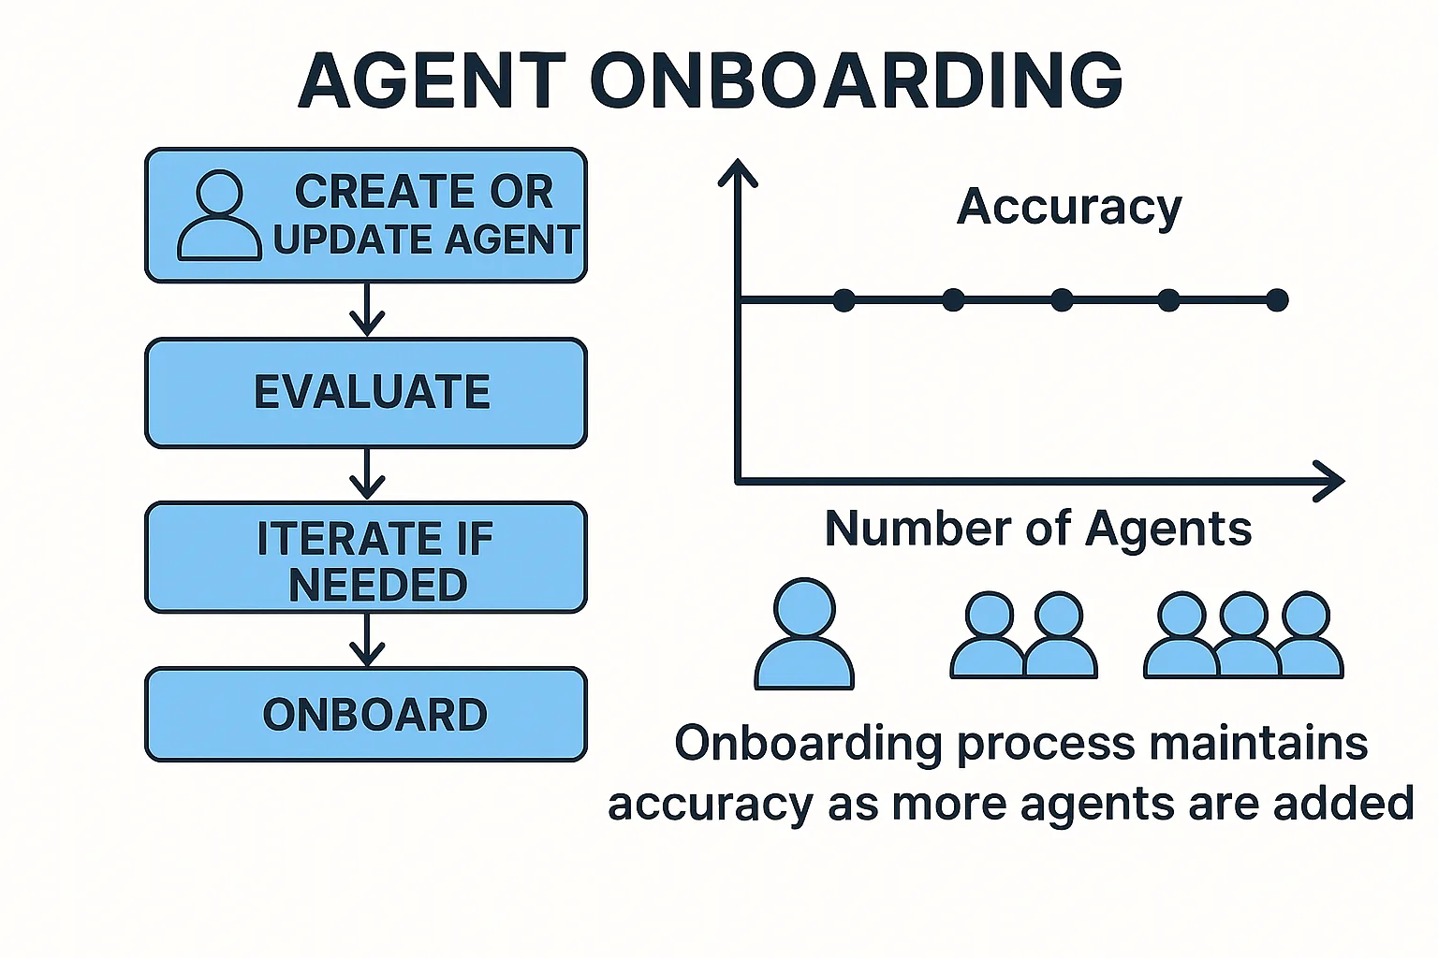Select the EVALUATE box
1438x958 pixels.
coord(366,392)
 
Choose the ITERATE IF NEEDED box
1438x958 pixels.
coord(366,559)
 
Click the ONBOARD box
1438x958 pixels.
coord(366,715)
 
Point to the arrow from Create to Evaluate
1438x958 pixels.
coord(367,310)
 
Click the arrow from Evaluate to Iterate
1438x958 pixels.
coord(367,474)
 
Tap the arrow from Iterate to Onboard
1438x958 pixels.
coord(367,640)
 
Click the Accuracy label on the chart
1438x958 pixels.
coord(1069,207)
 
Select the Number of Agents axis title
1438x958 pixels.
coord(1037,529)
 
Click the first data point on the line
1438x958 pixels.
coord(844,300)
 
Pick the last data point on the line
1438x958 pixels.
coord(1277,300)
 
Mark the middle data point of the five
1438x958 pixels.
coord(1062,300)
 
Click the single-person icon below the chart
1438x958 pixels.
coord(804,634)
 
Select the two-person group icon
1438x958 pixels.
coord(1023,634)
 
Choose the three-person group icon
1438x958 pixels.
coord(1243,634)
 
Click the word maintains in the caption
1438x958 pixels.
coord(1258,744)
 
